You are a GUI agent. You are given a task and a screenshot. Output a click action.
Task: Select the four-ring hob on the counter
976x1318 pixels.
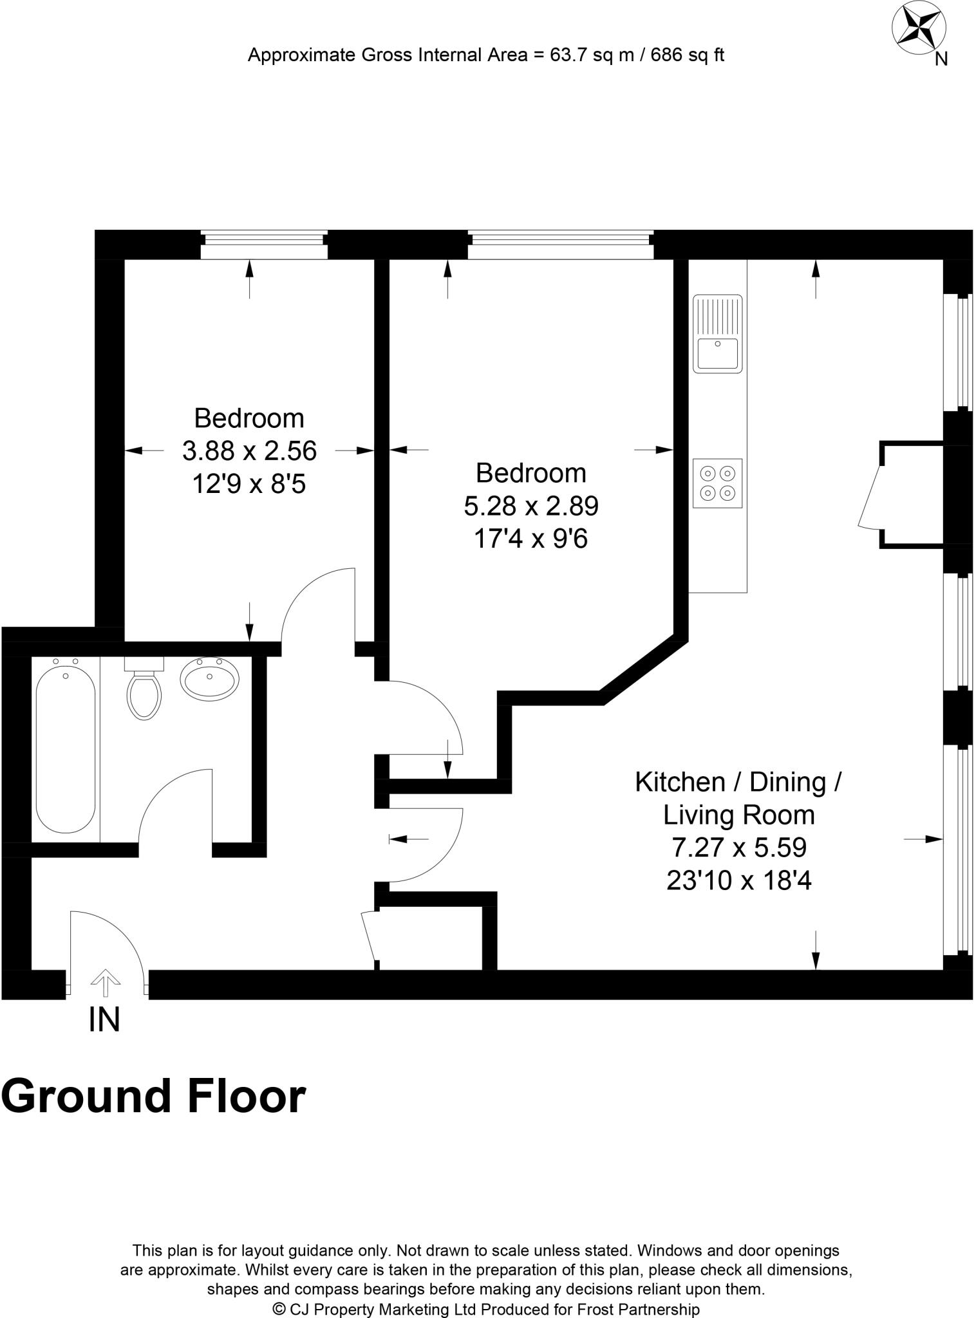(717, 483)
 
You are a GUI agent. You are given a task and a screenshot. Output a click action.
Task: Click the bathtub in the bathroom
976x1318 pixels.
(65, 750)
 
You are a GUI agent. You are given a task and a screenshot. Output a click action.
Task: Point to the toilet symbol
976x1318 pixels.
(144, 692)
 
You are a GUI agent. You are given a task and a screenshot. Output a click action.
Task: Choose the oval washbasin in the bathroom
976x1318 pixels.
(209, 678)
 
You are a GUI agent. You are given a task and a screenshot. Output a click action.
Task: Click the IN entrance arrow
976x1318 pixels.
(106, 984)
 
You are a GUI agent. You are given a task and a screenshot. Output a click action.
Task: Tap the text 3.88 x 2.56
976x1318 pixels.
(249, 450)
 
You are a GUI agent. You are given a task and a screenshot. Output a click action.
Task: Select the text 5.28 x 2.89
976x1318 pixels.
(531, 506)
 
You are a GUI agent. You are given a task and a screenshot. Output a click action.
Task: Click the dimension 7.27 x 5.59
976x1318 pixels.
(738, 847)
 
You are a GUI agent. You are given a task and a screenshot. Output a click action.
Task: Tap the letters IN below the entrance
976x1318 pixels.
(104, 1019)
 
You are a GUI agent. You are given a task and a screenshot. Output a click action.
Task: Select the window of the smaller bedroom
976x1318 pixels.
(264, 244)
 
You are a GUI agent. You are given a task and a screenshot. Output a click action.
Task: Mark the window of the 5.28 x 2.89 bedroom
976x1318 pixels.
(560, 244)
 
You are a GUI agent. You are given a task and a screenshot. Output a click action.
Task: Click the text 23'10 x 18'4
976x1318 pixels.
(738, 880)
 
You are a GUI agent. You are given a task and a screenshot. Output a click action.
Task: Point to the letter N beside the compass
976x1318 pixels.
(941, 59)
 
